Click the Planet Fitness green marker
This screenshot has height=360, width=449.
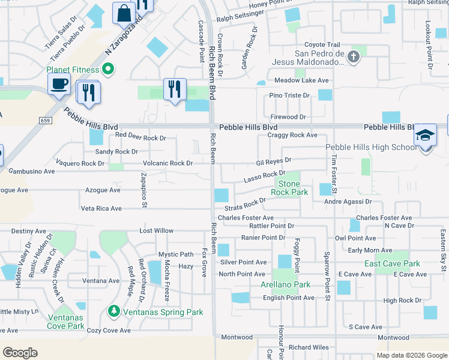108,70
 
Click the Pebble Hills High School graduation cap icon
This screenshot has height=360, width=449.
425,136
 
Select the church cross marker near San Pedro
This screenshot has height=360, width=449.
354,57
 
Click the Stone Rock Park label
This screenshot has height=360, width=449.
292,188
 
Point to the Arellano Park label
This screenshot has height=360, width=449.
285,284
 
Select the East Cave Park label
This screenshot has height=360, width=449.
392,263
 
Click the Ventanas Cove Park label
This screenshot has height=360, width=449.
66,321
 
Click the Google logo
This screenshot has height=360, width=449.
20,353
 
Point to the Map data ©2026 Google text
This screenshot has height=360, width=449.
412,355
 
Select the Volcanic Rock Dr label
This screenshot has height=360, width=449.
167,163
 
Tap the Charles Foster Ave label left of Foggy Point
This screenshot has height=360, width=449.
246,218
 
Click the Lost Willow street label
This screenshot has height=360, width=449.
156,230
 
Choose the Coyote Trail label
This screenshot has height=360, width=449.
322,44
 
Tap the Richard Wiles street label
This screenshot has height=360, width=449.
309,347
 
